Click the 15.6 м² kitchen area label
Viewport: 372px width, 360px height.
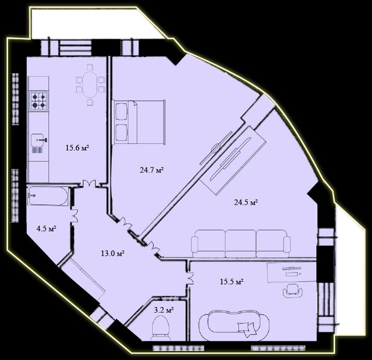coord(77,148)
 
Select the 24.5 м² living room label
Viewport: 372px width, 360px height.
coord(246,202)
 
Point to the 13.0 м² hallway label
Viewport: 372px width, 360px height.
coord(112,253)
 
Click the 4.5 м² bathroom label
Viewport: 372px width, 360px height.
coord(46,229)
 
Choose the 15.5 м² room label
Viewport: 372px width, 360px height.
coord(231,282)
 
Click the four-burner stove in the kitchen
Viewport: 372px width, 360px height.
coord(39,100)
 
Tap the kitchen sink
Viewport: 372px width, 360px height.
coord(39,139)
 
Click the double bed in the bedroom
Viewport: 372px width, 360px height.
coord(138,122)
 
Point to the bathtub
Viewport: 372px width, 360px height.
coord(48,196)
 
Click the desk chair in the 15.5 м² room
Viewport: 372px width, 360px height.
coord(293,290)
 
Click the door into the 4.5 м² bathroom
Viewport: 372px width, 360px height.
coord(75,214)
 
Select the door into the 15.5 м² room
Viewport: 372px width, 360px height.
coord(190,279)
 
